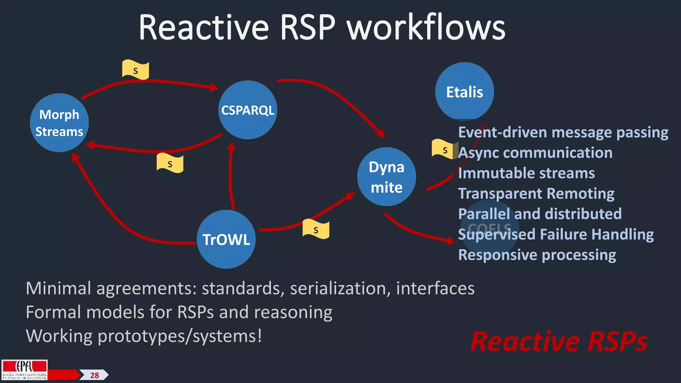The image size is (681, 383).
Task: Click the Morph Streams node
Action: tap(59, 123)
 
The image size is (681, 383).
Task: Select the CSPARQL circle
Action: tap(248, 110)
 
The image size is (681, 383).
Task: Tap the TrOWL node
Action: tap(226, 239)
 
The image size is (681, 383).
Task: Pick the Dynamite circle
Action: tap(386, 177)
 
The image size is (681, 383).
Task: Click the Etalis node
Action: tap(464, 92)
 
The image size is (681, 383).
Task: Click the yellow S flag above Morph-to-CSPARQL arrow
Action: tap(135, 70)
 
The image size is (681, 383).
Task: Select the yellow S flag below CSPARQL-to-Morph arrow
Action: tap(170, 163)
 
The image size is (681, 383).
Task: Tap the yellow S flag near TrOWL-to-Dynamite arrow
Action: tap(316, 229)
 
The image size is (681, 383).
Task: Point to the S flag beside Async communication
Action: tap(444, 149)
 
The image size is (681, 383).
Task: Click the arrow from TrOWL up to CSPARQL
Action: tap(230, 176)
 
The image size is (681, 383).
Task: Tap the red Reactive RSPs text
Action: tap(559, 341)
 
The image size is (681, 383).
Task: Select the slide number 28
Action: tap(94, 375)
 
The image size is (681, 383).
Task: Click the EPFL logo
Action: tap(24, 370)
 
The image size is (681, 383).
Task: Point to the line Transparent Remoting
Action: tap(536, 193)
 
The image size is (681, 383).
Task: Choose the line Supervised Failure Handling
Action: tap(556, 234)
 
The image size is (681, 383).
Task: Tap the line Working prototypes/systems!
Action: tap(144, 336)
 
